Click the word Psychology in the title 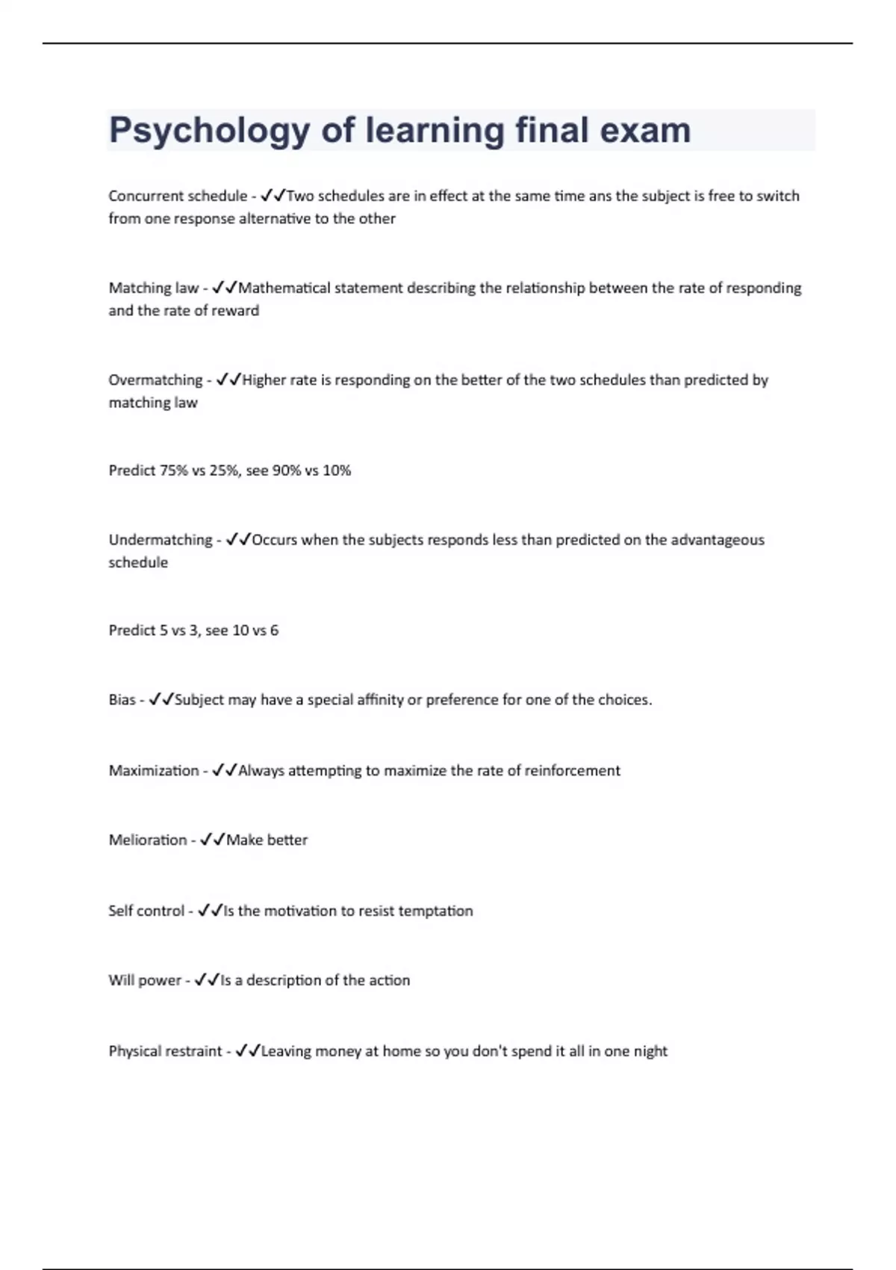pos(209,131)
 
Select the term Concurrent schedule pos(178,196)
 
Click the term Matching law pos(154,288)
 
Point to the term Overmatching pos(155,380)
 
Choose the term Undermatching pos(161,539)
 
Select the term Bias pos(122,700)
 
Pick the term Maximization pos(154,770)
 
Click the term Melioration pos(148,840)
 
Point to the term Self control pos(146,911)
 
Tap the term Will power pos(145,980)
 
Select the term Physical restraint pos(165,1051)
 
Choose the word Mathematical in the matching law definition pos(283,288)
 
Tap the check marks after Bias pos(161,700)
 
